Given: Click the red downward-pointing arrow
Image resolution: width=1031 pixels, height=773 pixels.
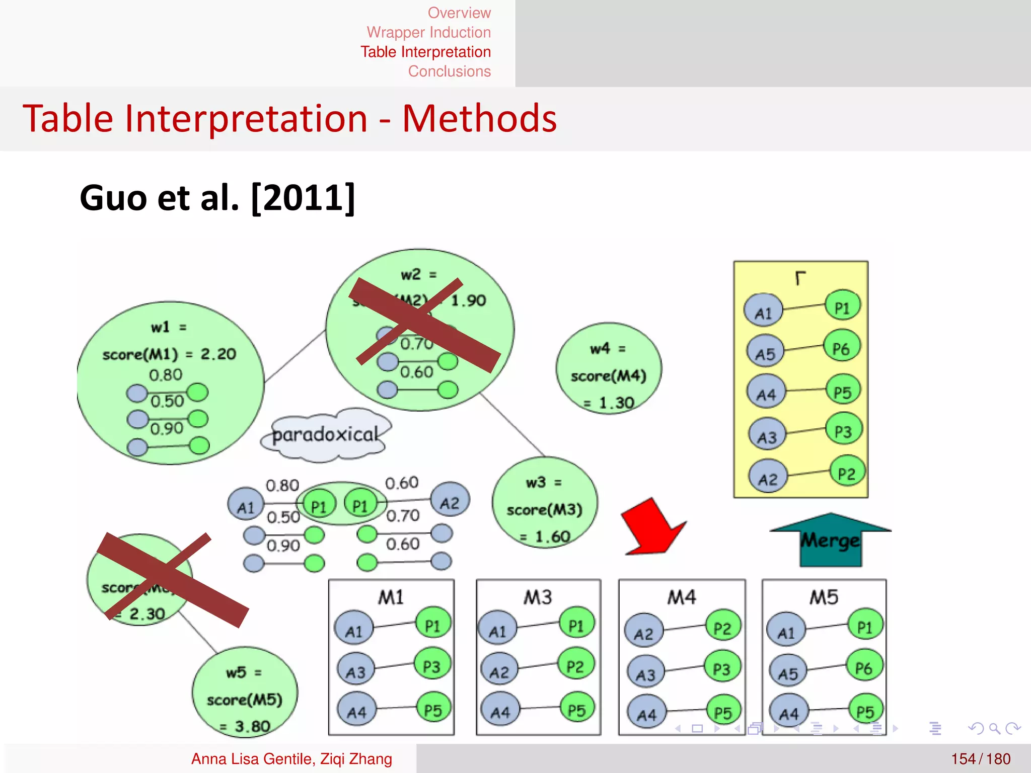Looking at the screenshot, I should point(652,528).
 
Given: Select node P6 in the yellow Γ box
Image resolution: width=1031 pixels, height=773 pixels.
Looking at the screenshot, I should point(842,347).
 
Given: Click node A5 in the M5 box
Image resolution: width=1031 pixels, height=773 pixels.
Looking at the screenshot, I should point(787,672).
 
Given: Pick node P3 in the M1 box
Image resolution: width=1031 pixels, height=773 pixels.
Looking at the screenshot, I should point(432,666).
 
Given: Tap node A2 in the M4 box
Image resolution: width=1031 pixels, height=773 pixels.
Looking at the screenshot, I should point(643,633).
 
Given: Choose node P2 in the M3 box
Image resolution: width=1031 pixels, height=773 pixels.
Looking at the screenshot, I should point(576,666).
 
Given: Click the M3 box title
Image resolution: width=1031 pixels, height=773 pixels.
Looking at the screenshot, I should point(538,597).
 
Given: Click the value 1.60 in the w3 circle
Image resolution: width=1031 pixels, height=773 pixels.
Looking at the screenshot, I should point(552,536).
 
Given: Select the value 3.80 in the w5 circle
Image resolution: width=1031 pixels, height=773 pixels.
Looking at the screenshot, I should point(252,726).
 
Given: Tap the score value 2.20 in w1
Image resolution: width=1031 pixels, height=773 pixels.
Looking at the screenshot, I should point(218,354).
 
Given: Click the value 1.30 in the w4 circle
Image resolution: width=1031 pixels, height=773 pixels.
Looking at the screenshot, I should point(616,403).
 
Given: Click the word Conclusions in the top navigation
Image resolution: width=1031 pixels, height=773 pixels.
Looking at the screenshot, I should point(449,71).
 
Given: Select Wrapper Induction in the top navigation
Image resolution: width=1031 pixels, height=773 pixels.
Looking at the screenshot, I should point(428,32).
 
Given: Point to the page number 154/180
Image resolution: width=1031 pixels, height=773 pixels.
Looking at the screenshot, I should point(980,758).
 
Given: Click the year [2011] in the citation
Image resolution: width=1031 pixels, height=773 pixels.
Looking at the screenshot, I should point(303,198).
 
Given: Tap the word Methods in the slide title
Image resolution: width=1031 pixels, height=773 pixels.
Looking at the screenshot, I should point(479,119).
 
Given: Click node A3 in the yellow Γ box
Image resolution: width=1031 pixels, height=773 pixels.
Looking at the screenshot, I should point(767,436).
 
